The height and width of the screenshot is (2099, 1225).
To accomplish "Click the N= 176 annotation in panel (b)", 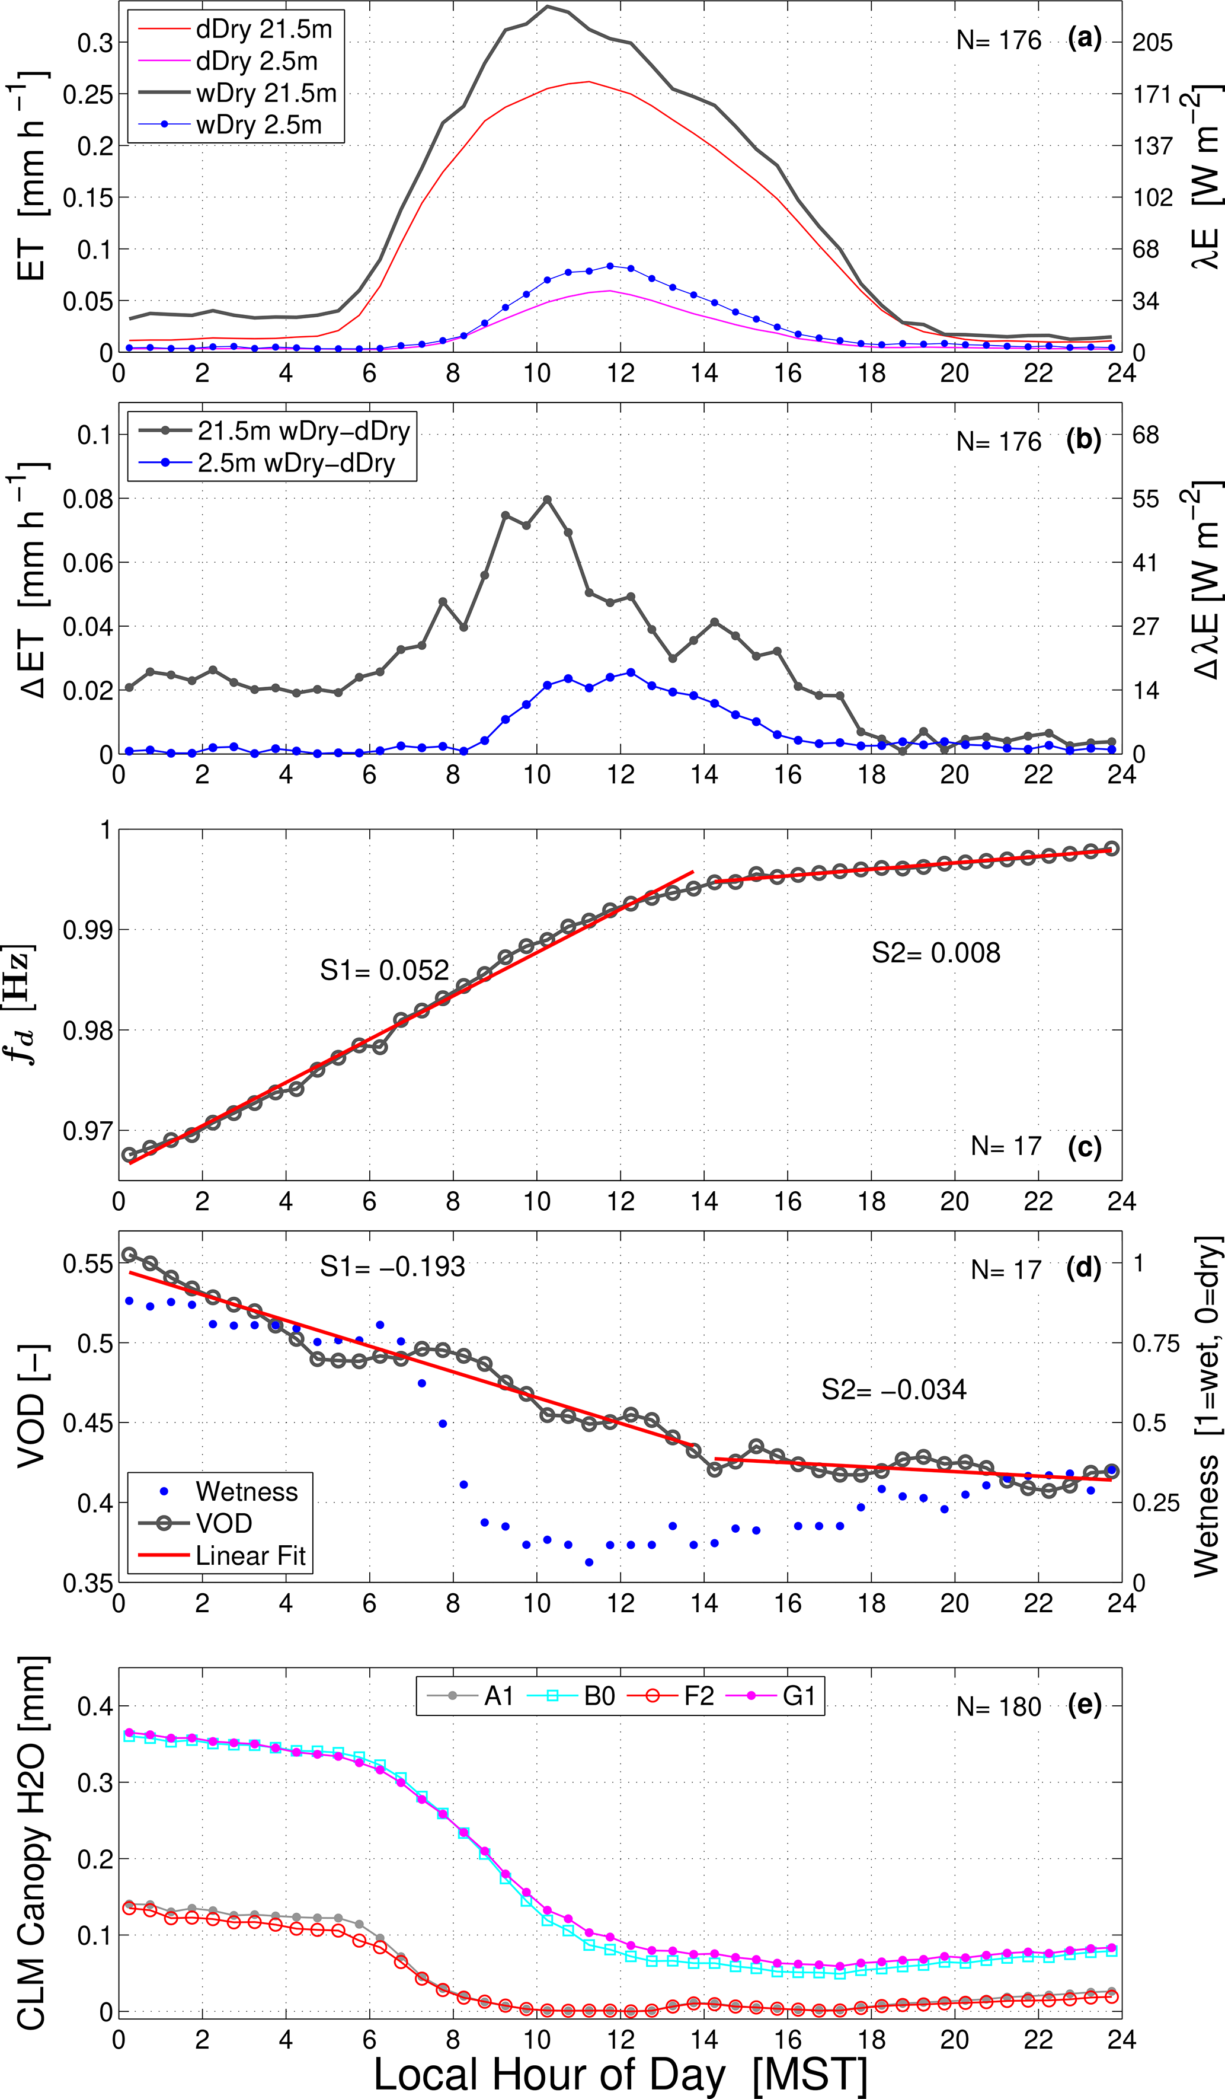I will click(999, 442).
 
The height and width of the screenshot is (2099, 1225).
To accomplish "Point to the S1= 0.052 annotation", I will click(384, 971).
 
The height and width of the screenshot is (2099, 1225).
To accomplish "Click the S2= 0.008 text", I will click(935, 953).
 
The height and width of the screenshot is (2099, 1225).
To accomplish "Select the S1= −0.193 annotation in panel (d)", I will click(392, 1267).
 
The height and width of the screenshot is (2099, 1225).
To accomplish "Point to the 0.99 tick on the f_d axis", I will click(87, 930).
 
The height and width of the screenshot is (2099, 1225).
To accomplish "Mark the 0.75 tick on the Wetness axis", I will click(1156, 1344).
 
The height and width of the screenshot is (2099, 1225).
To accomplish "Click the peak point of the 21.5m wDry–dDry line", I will click(547, 500).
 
